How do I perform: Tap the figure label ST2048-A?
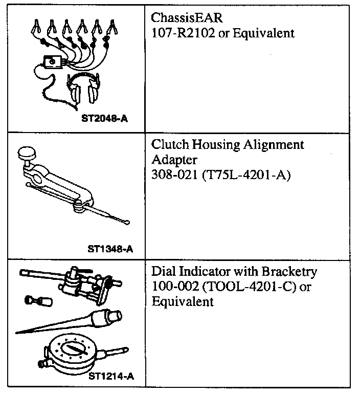tap(104, 118)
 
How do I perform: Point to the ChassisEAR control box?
tap(52, 62)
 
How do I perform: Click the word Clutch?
tap(169, 145)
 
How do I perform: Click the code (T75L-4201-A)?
tap(244, 176)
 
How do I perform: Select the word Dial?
tap(164, 271)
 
